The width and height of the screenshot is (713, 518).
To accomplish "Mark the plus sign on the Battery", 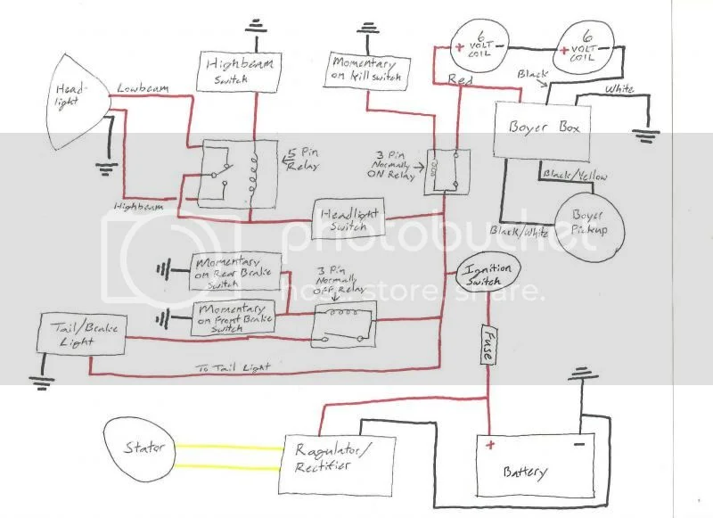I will (x=488, y=443).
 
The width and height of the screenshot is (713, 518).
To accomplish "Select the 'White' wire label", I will (x=621, y=90).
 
